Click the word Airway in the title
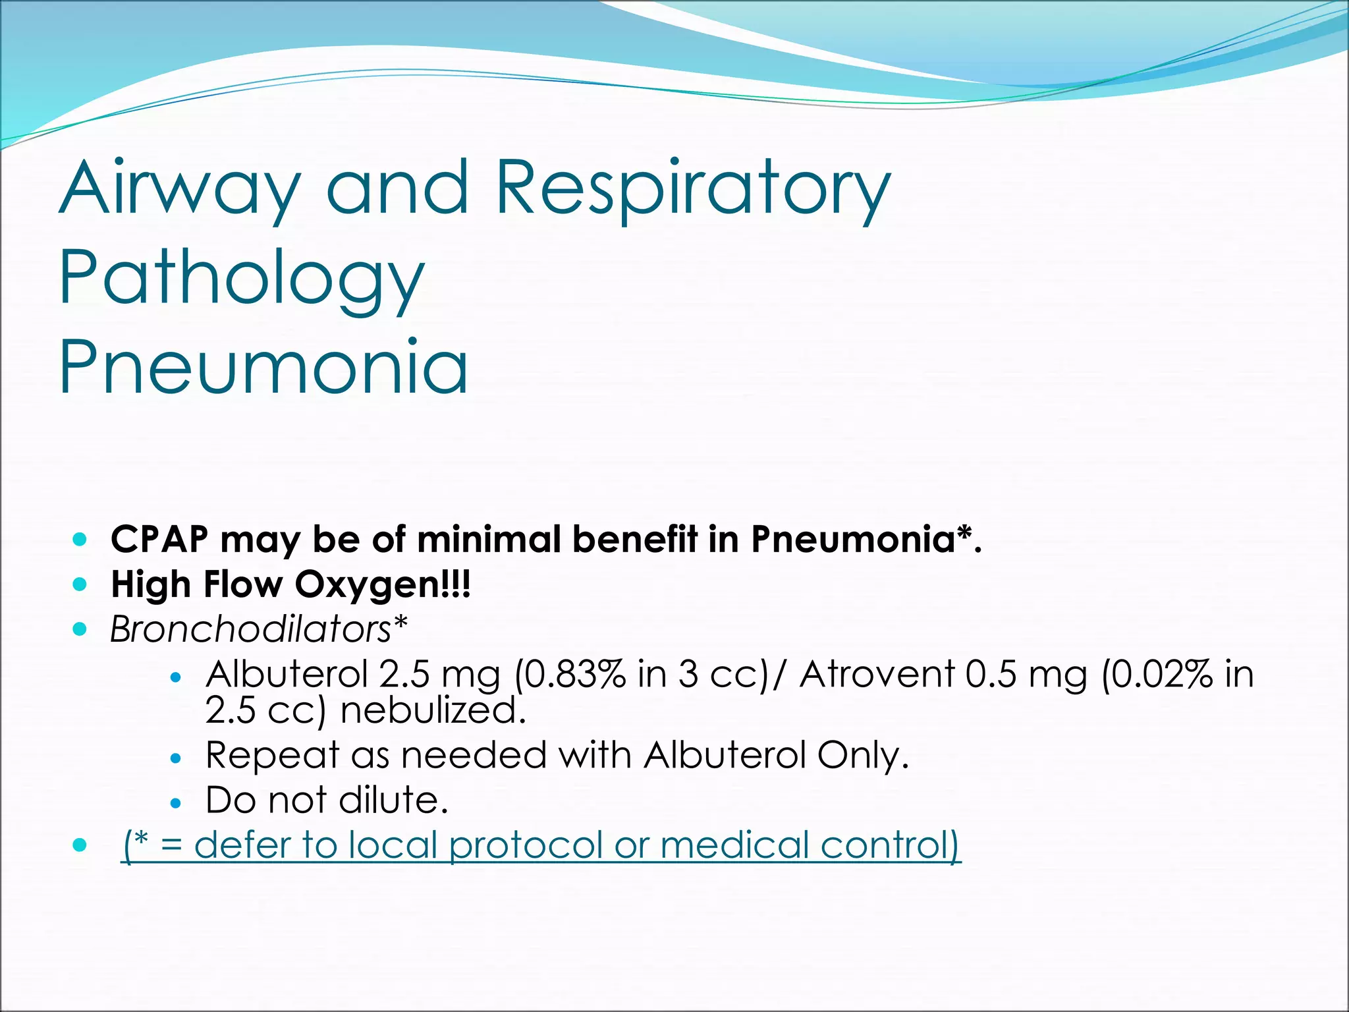(179, 189)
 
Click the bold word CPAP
(159, 539)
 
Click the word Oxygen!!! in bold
(383, 584)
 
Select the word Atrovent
(877, 675)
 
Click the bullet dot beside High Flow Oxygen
(80, 584)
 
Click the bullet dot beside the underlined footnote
(80, 845)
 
